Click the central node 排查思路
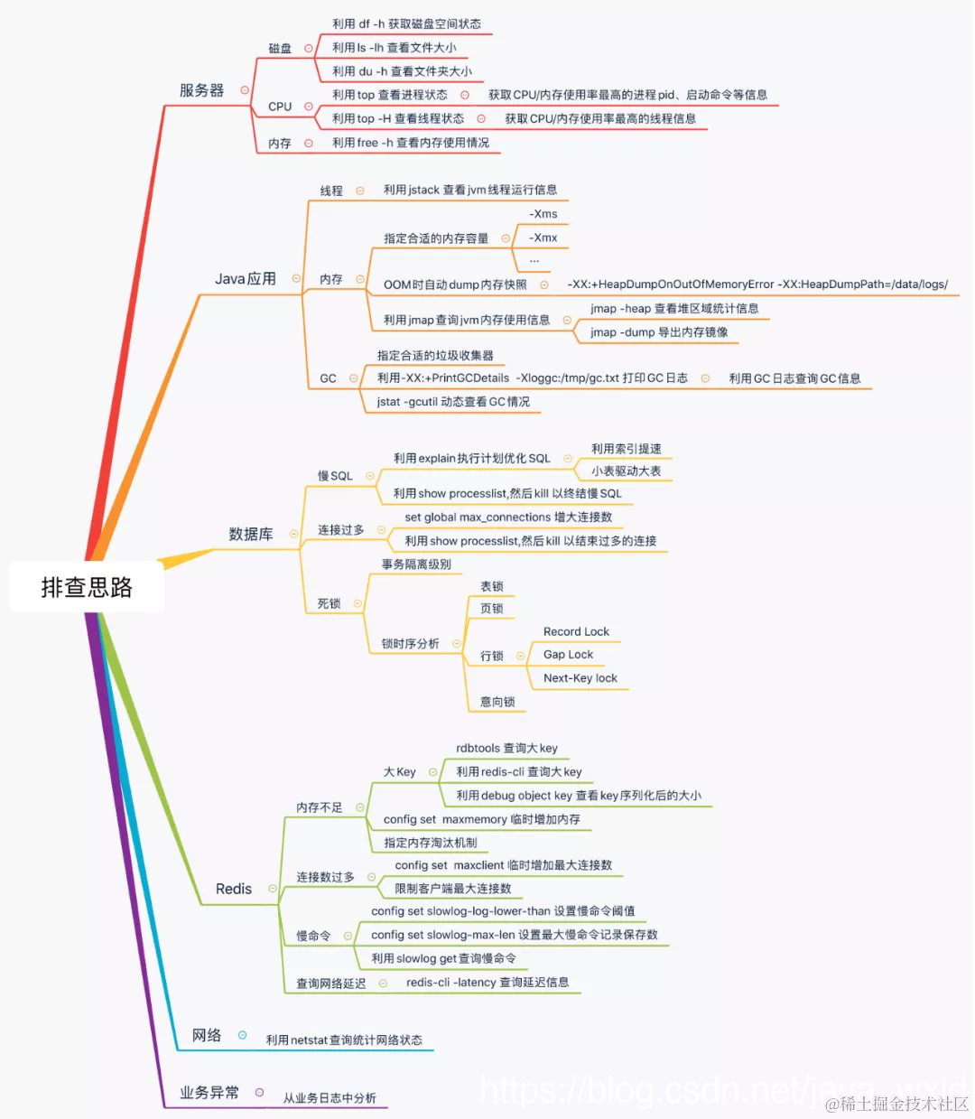(87, 587)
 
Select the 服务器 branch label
(201, 90)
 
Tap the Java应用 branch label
(246, 279)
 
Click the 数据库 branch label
(251, 534)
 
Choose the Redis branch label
(234, 889)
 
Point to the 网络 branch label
(207, 1035)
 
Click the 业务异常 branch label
(209, 1093)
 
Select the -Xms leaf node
(543, 214)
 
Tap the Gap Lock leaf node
(569, 655)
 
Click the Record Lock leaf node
(576, 631)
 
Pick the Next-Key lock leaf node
(580, 678)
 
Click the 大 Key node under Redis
(400, 772)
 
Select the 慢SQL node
(335, 476)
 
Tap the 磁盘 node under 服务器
(280, 49)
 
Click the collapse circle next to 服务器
(245, 90)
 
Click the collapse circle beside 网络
(242, 1035)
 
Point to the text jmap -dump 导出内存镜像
(659, 332)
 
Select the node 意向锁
(497, 702)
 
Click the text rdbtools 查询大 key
(506, 748)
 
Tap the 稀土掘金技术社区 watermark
(903, 1104)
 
